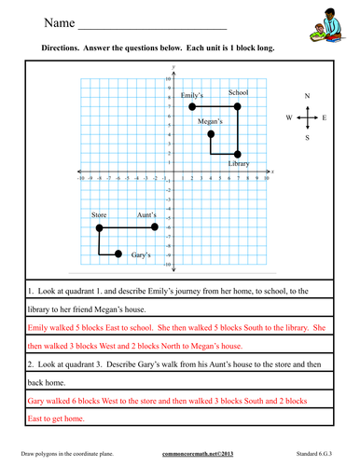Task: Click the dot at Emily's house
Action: [x=192, y=107]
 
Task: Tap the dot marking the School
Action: [x=238, y=107]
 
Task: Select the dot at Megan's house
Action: [x=211, y=135]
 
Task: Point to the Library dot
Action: [x=238, y=154]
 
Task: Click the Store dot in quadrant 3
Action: [x=100, y=226]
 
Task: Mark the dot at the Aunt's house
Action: [x=155, y=226]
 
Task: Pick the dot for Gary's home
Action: [x=118, y=254]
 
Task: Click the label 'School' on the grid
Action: [x=238, y=93]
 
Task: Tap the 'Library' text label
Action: [x=239, y=164]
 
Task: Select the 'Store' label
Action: [x=100, y=215]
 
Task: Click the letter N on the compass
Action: [x=308, y=96]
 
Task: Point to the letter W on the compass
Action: [x=289, y=118]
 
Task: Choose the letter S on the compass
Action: [x=308, y=138]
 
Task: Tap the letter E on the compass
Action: [x=325, y=118]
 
